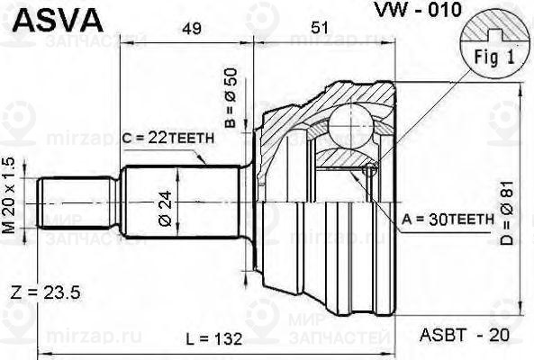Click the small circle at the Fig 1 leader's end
point(368,171)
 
